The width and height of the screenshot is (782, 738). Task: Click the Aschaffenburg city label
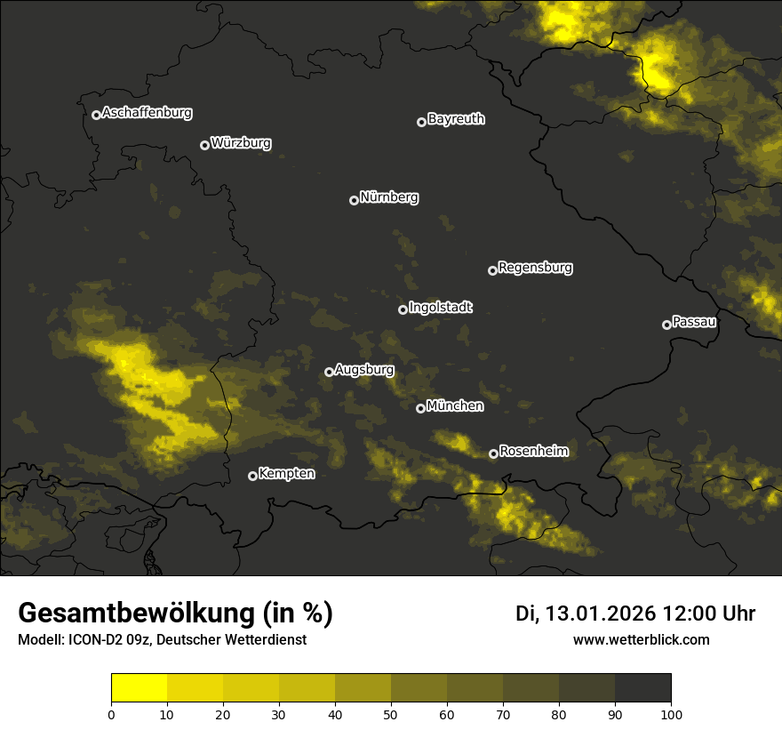pos(147,113)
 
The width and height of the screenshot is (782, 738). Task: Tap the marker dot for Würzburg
pos(204,145)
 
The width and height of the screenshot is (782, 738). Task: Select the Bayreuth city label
pos(456,119)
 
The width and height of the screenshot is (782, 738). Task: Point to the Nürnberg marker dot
pos(354,200)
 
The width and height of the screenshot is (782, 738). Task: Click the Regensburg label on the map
pos(535,267)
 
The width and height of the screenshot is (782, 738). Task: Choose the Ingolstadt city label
pos(441,308)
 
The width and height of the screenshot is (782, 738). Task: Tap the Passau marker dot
pos(666,325)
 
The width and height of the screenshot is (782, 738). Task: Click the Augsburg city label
pos(364,370)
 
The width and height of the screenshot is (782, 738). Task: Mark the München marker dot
pos(420,408)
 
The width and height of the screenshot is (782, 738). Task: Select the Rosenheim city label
pos(533,452)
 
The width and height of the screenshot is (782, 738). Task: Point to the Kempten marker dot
pos(252,476)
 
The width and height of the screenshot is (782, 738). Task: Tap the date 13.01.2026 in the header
pos(600,614)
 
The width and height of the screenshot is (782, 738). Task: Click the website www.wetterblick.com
pos(641,639)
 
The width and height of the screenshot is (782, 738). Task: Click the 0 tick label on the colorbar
pos(111,714)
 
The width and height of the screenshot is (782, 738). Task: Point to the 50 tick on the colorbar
pos(391,714)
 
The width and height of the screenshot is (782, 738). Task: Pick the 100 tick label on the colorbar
pos(671,714)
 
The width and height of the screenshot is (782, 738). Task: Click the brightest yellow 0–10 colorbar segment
pos(140,688)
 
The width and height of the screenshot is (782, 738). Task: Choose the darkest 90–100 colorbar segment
pos(642,688)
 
